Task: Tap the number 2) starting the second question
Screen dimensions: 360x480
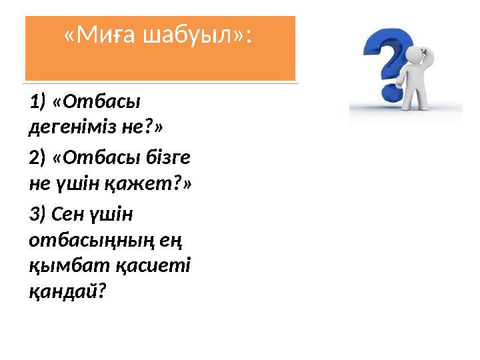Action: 38,158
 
